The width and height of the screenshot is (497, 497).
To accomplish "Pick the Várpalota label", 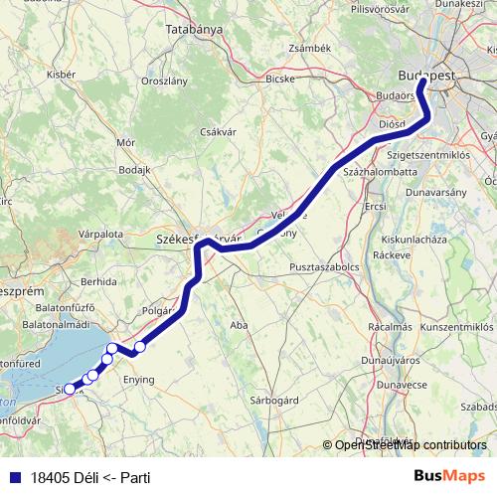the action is click(x=100, y=234).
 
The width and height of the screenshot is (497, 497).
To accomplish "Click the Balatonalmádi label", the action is click(x=56, y=324).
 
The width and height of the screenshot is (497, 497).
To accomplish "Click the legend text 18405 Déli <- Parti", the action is click(x=90, y=478).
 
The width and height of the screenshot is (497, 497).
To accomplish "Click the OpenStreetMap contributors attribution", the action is click(x=410, y=444).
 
